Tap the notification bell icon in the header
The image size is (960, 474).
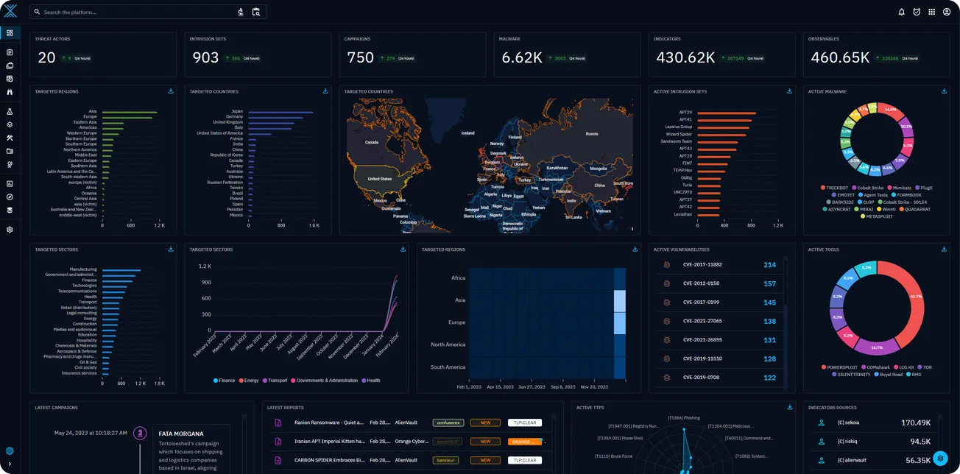point(902,12)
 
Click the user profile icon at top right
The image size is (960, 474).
point(947,12)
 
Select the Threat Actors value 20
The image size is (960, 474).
point(46,57)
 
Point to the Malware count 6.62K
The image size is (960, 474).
point(521,57)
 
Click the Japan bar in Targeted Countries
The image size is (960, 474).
point(280,112)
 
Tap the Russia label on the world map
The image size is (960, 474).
point(591,134)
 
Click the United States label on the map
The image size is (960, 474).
point(379,179)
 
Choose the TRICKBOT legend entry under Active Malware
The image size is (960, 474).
point(837,188)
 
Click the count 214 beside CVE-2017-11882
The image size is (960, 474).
point(769,265)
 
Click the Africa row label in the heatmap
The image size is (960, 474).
point(458,278)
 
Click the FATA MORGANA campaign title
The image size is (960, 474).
point(181,434)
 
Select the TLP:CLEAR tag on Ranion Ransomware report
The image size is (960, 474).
point(525,423)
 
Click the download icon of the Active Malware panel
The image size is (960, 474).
point(944,91)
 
